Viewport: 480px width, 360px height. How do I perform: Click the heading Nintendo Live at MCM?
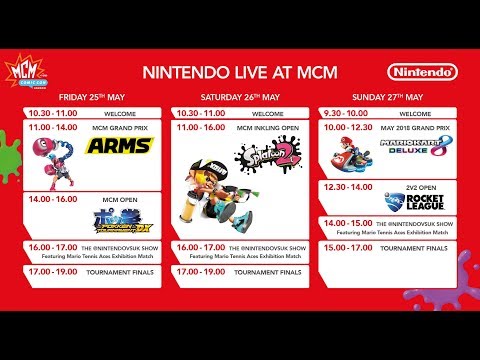point(240,72)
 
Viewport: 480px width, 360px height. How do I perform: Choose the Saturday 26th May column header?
point(240,98)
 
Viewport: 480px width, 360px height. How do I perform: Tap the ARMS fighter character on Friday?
point(50,155)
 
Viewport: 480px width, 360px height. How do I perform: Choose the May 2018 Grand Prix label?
point(415,128)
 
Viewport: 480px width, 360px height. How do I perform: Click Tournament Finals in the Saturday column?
point(265,271)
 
